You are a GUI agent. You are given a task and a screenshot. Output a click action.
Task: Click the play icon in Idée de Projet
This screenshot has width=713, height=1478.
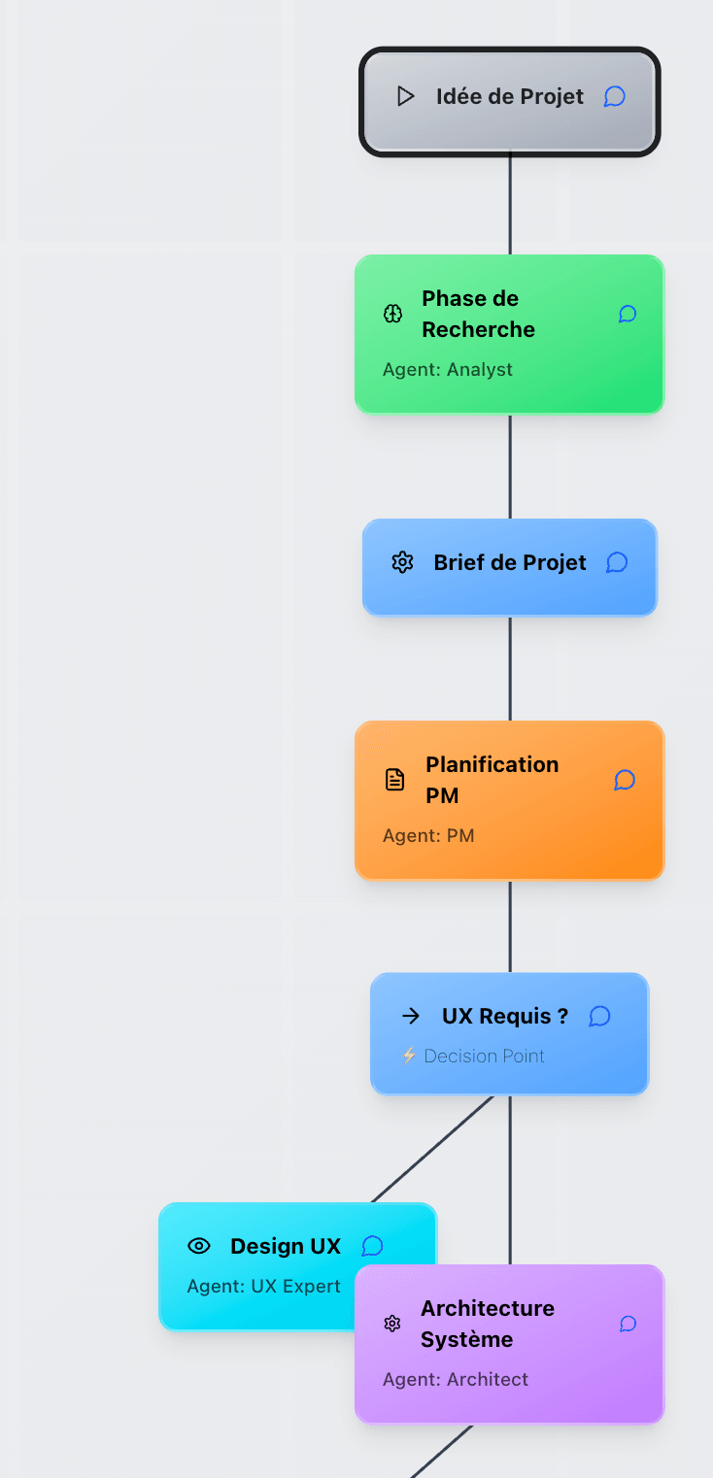tap(406, 96)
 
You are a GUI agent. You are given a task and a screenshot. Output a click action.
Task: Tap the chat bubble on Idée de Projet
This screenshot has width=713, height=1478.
tap(614, 96)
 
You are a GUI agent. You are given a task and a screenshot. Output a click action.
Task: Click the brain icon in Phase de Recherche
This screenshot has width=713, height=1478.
tap(392, 314)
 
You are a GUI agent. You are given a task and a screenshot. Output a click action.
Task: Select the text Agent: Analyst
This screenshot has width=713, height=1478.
tap(447, 370)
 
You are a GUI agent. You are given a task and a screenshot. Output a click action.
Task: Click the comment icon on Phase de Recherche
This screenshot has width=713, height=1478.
tap(628, 314)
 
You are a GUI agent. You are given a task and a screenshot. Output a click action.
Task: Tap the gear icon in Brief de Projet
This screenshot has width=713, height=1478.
tap(402, 562)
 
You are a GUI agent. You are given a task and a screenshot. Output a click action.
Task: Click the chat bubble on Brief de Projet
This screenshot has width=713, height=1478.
tap(617, 562)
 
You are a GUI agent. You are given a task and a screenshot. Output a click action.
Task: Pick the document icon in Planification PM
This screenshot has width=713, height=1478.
tap(394, 780)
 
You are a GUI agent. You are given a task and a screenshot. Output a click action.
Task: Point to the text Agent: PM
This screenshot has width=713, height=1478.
tap(428, 836)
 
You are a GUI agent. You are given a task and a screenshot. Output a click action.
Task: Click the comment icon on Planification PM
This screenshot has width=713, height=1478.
tap(625, 780)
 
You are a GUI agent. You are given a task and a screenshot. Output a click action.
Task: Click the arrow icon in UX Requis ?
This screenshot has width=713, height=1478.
tap(411, 1016)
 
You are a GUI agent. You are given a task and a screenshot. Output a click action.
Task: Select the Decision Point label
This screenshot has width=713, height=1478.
tap(484, 1057)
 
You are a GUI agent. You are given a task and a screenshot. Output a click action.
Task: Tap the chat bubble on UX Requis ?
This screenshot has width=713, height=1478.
tap(600, 1016)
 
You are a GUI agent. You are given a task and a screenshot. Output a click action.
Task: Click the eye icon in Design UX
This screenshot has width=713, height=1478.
tap(199, 1246)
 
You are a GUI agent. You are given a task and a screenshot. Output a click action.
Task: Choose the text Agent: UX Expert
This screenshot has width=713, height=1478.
tap(263, 1287)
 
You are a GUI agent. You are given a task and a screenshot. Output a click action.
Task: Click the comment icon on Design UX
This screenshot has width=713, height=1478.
tap(372, 1246)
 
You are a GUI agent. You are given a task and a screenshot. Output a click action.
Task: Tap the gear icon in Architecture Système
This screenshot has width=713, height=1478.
tap(392, 1324)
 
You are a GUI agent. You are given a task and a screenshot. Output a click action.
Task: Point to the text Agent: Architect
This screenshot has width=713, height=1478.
tap(456, 1380)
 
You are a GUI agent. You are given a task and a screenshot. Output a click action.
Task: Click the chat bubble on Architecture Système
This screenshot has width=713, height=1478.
tap(628, 1324)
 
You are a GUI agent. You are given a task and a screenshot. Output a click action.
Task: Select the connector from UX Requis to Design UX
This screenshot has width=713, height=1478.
tap(433, 1149)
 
